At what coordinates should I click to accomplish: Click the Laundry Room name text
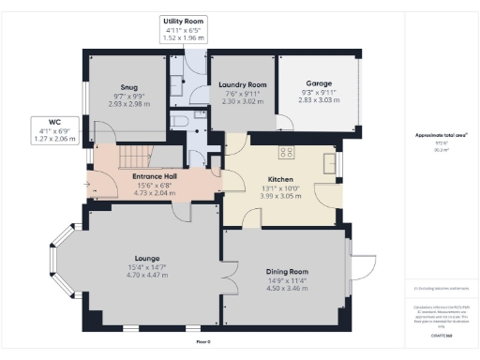tap(243, 85)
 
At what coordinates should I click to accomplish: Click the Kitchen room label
tap(281, 179)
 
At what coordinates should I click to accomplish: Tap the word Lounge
tap(146, 258)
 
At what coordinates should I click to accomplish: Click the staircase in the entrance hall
tap(138, 155)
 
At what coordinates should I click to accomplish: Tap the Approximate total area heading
tap(442, 135)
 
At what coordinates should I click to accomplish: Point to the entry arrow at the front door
tap(88, 185)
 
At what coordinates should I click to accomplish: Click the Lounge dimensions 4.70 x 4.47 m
tap(146, 275)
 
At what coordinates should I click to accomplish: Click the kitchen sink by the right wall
tap(328, 161)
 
